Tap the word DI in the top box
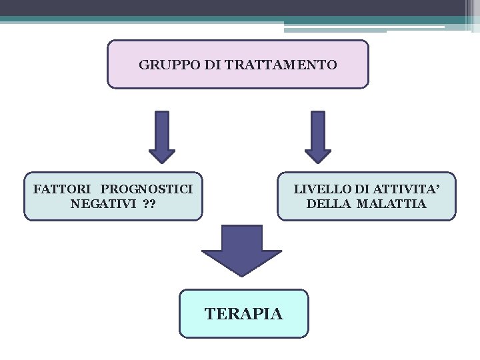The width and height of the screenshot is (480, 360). tap(210, 65)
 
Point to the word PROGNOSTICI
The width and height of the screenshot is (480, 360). tap(147, 189)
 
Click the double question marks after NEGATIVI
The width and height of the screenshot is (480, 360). tap(149, 204)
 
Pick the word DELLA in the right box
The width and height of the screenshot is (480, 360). tap(329, 204)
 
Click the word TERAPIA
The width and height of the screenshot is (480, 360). tap(244, 313)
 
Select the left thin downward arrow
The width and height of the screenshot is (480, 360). tap(161, 136)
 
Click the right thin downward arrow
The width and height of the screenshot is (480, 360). tap(318, 136)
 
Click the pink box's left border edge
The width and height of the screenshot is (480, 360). tap(107, 64)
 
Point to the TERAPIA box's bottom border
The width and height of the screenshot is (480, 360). tap(244, 337)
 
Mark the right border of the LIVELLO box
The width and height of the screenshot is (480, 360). tap(456, 196)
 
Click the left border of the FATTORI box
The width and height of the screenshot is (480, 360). tap(24, 196)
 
